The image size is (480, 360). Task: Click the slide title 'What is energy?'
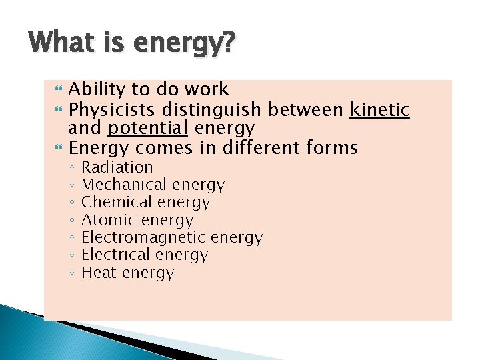click(131, 45)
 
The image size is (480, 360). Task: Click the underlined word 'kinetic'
click(379, 108)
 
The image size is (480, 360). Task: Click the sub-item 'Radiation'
click(117, 167)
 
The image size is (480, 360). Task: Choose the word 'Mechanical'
click(124, 185)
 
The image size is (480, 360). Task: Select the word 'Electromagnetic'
click(143, 237)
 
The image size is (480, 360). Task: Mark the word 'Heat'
click(99, 273)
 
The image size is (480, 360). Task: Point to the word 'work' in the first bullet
click(207, 89)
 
